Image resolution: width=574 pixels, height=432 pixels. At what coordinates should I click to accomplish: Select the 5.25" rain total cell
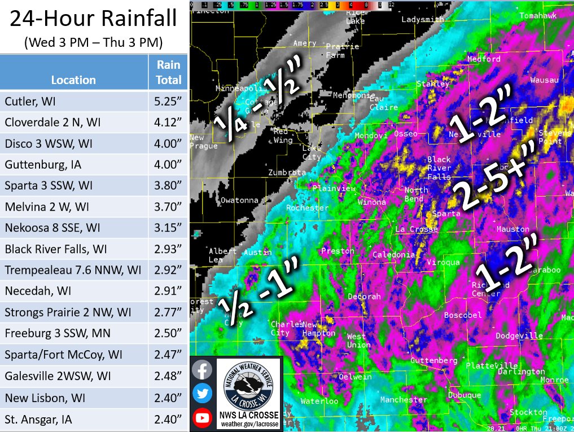coord(169,102)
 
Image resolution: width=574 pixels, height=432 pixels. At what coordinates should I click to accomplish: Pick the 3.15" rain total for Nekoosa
coord(169,228)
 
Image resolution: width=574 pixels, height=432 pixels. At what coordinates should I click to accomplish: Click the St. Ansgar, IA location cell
coord(38,420)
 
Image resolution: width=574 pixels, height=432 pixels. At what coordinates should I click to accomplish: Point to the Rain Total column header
coord(169,72)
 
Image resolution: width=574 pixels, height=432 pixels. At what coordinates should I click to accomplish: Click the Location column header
coord(73,80)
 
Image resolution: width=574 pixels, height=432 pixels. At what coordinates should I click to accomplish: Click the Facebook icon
coord(201,370)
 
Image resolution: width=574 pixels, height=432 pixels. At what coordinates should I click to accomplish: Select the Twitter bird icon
coord(201,394)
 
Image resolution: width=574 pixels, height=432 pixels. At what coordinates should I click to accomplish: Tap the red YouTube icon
coord(201,418)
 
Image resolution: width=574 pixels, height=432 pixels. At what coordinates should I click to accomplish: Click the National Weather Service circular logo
coord(249,384)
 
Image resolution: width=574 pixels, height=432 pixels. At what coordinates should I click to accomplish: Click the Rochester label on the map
coord(307,208)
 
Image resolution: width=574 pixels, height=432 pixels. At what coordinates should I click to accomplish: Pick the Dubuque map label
coord(465,395)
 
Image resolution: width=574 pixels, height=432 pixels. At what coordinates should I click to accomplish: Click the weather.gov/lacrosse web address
coord(249,424)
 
